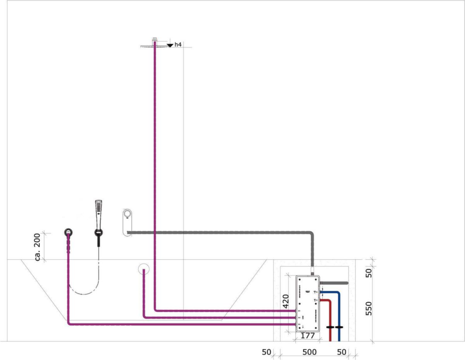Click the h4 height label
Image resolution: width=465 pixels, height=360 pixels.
click(x=178, y=45)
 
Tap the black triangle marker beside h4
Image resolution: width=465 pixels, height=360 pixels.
click(x=170, y=46)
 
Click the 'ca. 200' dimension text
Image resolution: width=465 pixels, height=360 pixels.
click(x=38, y=247)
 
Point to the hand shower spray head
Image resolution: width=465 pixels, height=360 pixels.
click(x=98, y=207)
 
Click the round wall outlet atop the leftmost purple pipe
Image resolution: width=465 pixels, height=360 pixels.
click(x=68, y=232)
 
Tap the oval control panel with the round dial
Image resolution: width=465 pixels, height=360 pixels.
click(x=127, y=222)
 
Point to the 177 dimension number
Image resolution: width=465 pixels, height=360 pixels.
click(x=308, y=336)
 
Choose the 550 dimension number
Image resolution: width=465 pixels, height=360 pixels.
click(x=369, y=309)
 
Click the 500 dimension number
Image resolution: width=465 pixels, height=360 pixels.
click(x=309, y=352)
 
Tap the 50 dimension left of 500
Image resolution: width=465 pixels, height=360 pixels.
click(x=266, y=352)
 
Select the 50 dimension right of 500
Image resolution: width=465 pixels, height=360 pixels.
click(x=341, y=352)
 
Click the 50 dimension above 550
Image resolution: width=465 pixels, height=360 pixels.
click(x=369, y=273)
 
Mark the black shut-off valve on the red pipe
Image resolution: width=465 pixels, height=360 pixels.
click(x=330, y=327)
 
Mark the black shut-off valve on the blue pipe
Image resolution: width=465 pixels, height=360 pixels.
click(x=339, y=327)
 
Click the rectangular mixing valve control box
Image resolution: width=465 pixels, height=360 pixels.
click(x=308, y=304)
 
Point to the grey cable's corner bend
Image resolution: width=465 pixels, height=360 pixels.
click(x=311, y=234)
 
